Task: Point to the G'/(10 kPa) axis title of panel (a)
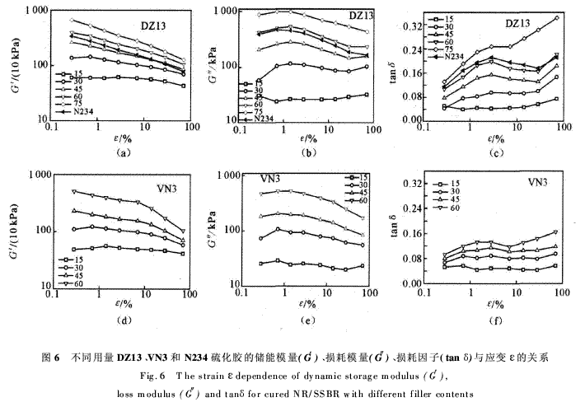pos(14,68)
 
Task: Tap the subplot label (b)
pos(306,152)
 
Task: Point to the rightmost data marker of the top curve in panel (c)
pos(556,17)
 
